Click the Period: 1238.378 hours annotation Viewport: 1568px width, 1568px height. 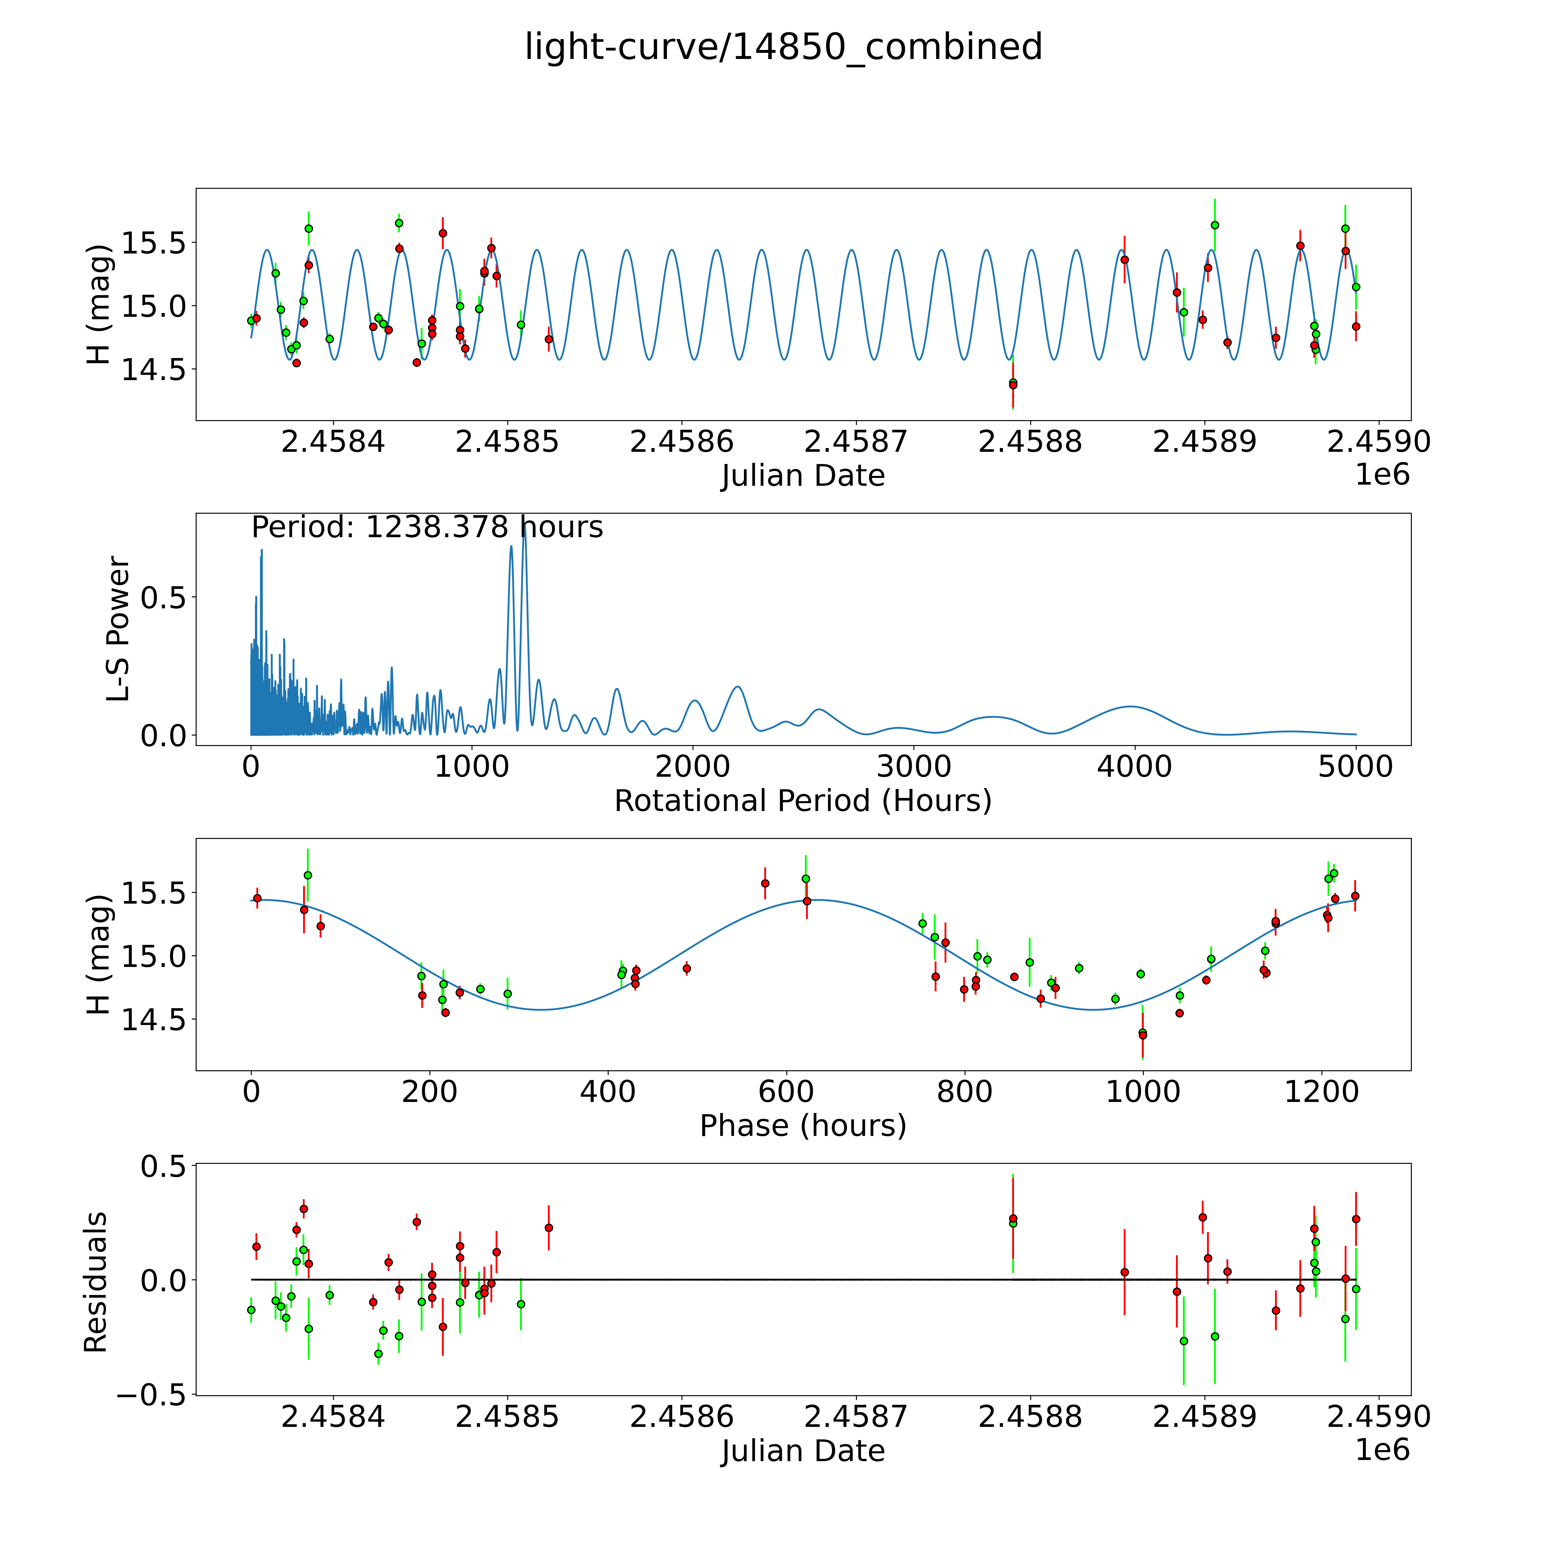pyautogui.click(x=427, y=528)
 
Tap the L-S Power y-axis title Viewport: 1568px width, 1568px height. pyautogui.click(x=118, y=629)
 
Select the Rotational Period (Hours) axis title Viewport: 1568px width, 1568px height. pyautogui.click(x=803, y=801)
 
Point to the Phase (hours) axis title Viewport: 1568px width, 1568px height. pyautogui.click(x=803, y=1126)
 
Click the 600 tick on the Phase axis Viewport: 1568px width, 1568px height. pyautogui.click(x=786, y=1092)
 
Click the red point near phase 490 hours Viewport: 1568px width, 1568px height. pyautogui.click(x=687, y=968)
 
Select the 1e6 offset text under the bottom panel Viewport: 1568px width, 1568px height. pyautogui.click(x=1382, y=1450)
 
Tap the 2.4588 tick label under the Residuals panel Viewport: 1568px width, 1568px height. pyautogui.click(x=1030, y=1416)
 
